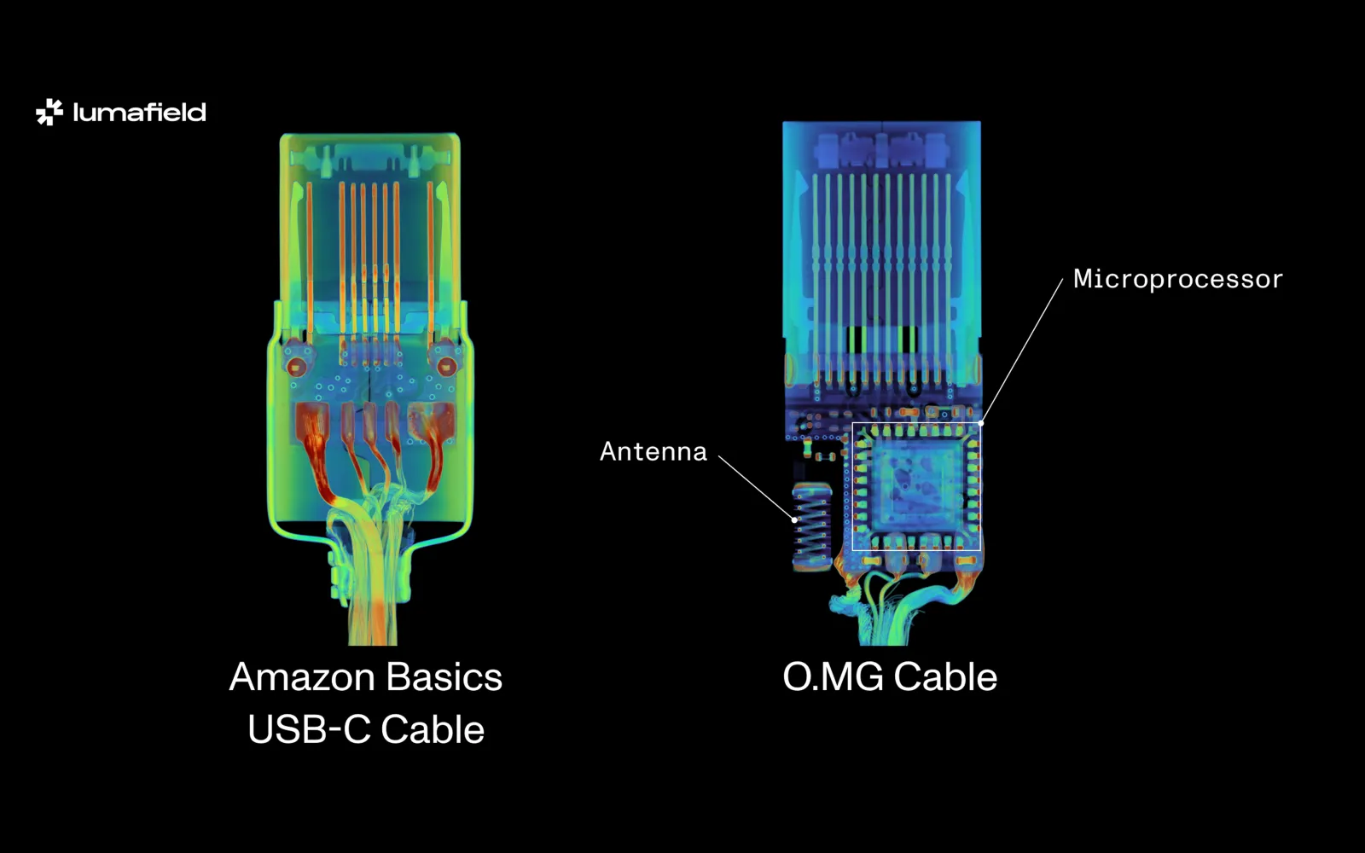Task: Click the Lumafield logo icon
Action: click(49, 112)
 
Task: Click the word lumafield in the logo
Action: click(140, 113)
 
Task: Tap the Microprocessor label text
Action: click(1177, 279)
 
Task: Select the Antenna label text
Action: click(653, 451)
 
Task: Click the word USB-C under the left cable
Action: click(309, 730)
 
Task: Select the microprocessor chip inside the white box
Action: click(916, 486)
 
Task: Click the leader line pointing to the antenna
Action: click(756, 487)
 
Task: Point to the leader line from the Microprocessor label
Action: click(1022, 351)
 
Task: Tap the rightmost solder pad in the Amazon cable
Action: click(431, 424)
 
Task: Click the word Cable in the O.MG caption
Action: click(945, 677)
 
